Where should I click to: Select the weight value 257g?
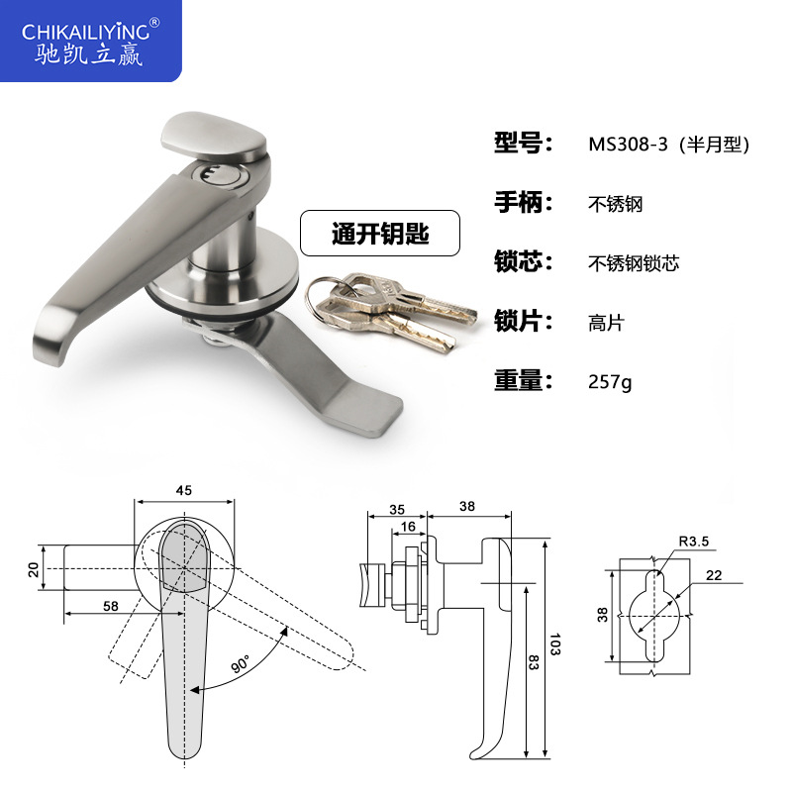609,381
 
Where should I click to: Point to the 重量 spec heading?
522,380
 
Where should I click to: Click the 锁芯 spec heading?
522,262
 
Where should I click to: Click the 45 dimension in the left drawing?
184,488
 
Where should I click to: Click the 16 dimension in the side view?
408,527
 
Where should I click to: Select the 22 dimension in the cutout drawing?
715,574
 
